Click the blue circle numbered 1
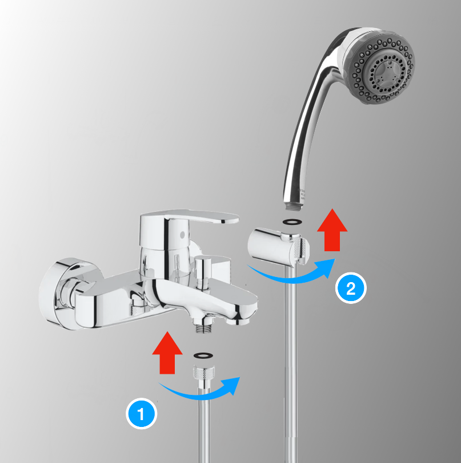point(141,413)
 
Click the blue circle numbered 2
point(351,288)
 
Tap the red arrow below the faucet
point(167,353)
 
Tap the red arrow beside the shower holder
point(332,230)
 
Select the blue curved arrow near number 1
point(201,393)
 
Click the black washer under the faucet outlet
point(203,355)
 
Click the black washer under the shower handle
point(292,221)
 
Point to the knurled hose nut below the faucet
point(204,372)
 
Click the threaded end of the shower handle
point(294,206)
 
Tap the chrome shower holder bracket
point(278,247)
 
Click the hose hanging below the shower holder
point(291,363)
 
